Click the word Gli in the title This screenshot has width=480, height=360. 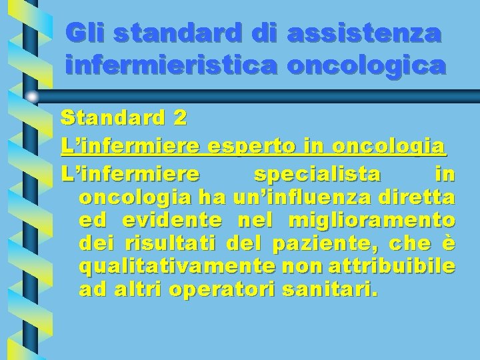click(86, 33)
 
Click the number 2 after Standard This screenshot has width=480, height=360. click(179, 119)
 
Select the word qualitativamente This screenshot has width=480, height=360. click(175, 267)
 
